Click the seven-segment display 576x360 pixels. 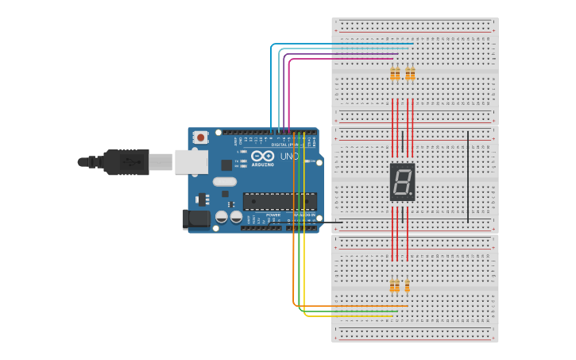tap(402, 181)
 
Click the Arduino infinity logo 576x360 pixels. tap(262, 156)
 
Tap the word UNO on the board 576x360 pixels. tap(289, 157)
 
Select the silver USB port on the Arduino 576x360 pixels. tap(191, 162)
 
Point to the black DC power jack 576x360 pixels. tap(195, 219)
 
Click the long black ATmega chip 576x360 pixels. tap(280, 202)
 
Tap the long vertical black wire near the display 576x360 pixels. tap(468, 175)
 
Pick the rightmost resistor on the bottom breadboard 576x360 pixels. tap(408, 286)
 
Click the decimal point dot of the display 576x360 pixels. tap(412, 195)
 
